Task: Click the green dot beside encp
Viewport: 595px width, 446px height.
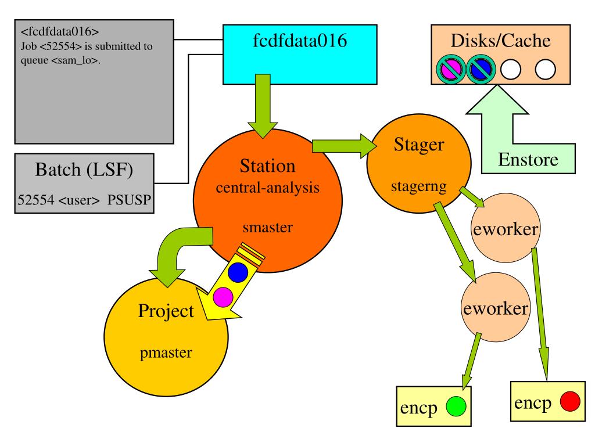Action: (x=456, y=406)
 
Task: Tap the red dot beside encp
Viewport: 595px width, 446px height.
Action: (x=571, y=401)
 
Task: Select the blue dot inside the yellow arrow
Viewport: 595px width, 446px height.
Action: (x=238, y=272)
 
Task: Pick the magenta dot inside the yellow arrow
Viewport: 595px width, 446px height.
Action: (x=223, y=297)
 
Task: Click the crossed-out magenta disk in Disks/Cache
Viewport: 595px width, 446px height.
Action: (x=451, y=70)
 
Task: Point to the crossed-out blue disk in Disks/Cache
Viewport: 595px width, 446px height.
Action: (x=481, y=70)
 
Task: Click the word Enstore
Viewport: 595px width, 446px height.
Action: (x=528, y=160)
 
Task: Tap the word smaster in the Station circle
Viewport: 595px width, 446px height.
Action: (x=268, y=228)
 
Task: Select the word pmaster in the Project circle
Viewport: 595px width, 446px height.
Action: (x=166, y=353)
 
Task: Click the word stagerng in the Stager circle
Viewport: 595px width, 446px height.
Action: (x=419, y=186)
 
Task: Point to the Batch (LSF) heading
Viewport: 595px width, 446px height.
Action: (x=84, y=170)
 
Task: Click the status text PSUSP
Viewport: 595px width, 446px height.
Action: (x=129, y=200)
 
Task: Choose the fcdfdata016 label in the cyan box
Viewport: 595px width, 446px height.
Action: (x=300, y=41)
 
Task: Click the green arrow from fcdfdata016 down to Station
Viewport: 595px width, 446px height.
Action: (x=263, y=106)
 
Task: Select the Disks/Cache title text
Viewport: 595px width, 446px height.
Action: (x=500, y=41)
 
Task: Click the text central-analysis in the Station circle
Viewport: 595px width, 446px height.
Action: (x=267, y=188)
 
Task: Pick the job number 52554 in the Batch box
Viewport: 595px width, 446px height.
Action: (x=36, y=200)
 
